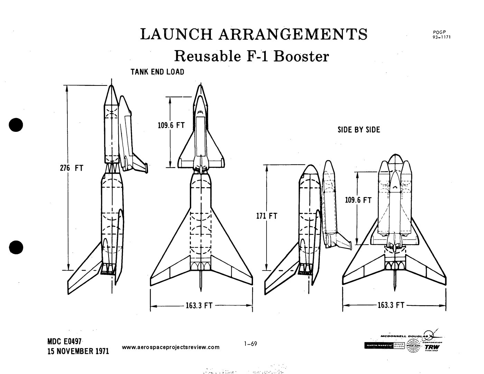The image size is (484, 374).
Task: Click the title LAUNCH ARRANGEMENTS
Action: click(x=254, y=34)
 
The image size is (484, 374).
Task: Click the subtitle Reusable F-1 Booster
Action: click(x=251, y=56)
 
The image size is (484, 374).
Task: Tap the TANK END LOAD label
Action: click(x=157, y=72)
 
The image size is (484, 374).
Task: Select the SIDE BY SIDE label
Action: click(x=359, y=130)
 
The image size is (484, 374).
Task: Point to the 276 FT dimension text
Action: click(x=72, y=168)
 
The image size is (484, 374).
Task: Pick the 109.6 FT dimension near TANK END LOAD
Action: click(x=171, y=125)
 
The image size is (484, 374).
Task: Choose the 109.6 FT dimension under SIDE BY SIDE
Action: click(x=358, y=200)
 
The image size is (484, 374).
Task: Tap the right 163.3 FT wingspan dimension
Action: click(x=391, y=305)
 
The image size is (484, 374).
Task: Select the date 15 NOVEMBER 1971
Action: click(x=78, y=351)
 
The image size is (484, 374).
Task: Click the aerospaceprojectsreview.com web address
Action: click(x=171, y=347)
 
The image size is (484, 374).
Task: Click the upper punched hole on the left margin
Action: click(x=16, y=125)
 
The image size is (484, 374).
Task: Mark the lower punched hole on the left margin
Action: click(x=16, y=247)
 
